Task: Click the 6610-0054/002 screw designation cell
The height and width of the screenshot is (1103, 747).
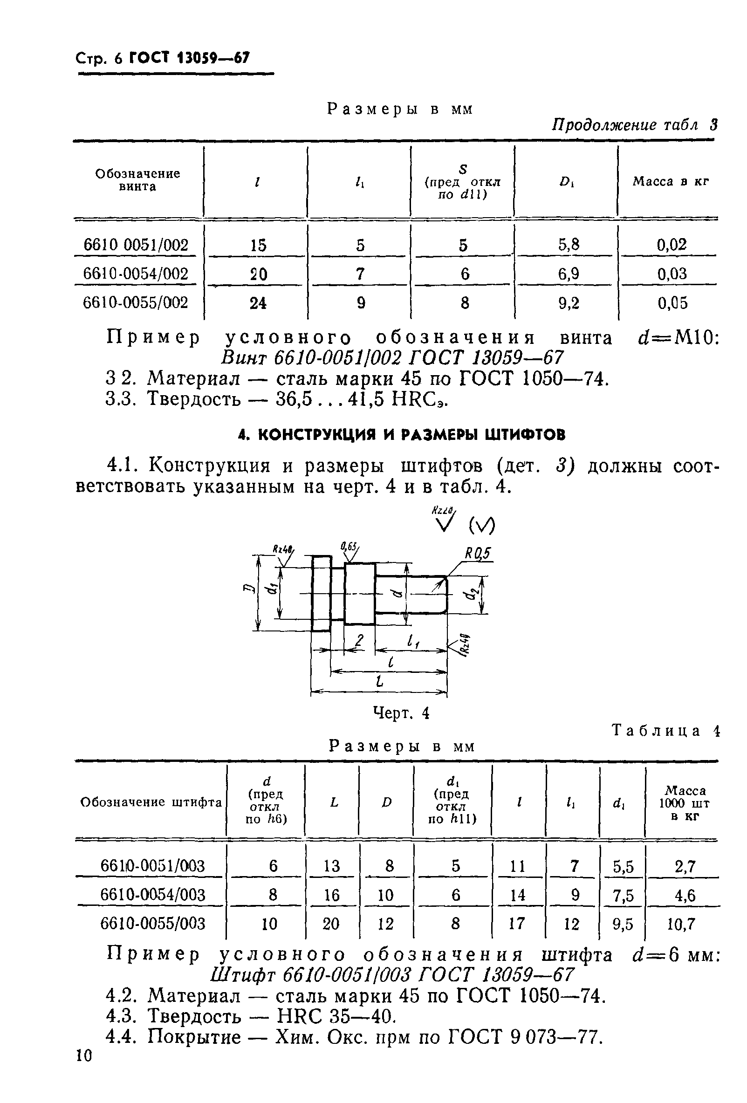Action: (x=136, y=274)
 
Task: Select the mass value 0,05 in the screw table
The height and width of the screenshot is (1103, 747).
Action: (x=672, y=303)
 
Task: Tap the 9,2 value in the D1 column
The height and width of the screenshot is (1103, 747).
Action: (x=569, y=303)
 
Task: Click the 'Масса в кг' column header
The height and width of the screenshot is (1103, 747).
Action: (x=670, y=181)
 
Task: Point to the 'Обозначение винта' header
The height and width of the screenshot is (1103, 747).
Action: (x=137, y=180)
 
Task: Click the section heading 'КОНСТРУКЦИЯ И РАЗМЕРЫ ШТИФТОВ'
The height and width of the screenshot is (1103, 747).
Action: (x=402, y=434)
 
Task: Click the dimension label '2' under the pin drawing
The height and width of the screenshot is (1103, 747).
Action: (x=359, y=641)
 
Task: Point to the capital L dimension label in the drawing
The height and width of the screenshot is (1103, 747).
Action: (x=379, y=682)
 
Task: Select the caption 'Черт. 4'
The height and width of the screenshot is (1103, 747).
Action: (x=401, y=713)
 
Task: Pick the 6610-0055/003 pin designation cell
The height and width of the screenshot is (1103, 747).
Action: (x=153, y=924)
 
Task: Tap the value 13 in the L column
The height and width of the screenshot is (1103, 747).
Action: (x=332, y=866)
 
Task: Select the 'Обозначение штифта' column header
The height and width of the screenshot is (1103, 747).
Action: (x=151, y=802)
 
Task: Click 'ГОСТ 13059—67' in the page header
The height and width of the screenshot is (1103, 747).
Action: (x=189, y=58)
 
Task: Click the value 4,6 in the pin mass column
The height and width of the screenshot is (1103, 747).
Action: (x=685, y=895)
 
